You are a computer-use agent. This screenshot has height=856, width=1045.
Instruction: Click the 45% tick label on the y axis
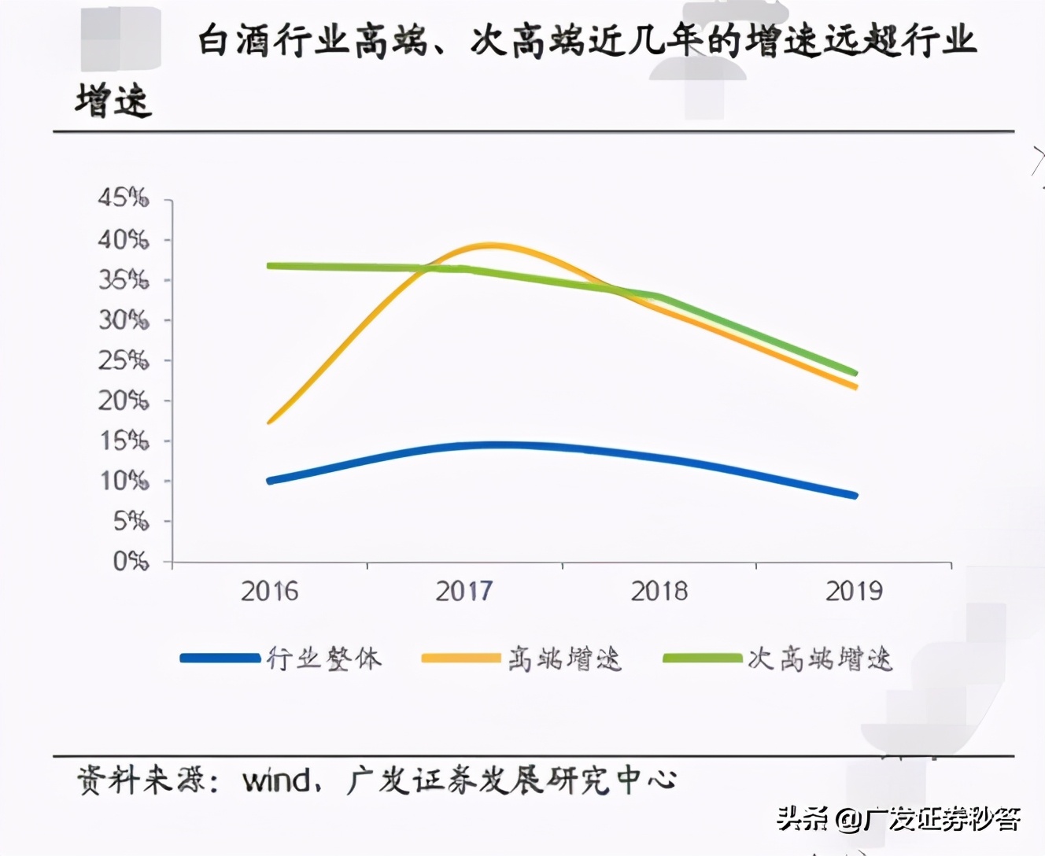[123, 197]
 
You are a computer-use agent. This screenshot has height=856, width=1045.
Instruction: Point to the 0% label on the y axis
[131, 561]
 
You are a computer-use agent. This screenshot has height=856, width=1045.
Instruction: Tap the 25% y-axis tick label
[123, 360]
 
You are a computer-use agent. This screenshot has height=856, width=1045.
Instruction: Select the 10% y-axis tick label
[124, 480]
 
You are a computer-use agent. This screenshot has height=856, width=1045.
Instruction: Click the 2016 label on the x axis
[269, 592]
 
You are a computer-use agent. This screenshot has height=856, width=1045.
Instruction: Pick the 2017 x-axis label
[464, 592]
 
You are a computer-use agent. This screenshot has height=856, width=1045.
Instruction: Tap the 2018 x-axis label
[659, 592]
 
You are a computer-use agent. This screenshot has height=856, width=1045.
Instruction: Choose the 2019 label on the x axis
[854, 592]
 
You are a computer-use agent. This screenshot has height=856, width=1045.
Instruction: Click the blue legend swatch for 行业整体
[220, 658]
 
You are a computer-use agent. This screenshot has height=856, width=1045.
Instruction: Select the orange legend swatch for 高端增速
[461, 658]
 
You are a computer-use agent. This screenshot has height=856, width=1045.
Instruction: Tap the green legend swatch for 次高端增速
[702, 658]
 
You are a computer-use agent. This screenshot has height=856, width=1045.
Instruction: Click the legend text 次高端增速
[820, 659]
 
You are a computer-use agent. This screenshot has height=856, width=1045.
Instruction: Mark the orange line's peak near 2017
[489, 246]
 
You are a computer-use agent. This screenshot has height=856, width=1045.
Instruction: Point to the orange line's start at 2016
[270, 422]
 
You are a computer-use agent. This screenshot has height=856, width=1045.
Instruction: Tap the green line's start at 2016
[270, 266]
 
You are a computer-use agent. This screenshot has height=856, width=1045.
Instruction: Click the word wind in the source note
[276, 780]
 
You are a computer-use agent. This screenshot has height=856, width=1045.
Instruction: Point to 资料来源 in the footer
[142, 780]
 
